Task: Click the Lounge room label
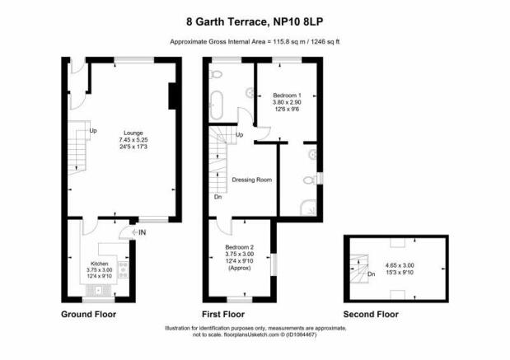point(133,133)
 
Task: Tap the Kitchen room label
point(99,264)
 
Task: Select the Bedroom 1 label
point(287,96)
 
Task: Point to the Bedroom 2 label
point(240,247)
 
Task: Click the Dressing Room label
point(252,180)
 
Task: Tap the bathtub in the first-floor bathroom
point(217,105)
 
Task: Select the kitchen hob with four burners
point(124,269)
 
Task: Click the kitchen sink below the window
point(99,291)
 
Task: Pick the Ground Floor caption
point(88,315)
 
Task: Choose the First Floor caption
point(223,315)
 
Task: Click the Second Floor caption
point(371,315)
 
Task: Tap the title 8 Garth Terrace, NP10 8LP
point(255,21)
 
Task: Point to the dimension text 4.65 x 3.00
point(400,266)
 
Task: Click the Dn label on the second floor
point(372,274)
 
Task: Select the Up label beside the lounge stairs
point(93,131)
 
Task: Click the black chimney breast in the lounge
point(172,96)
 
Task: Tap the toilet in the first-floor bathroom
point(217,75)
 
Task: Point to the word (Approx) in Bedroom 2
point(240,268)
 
